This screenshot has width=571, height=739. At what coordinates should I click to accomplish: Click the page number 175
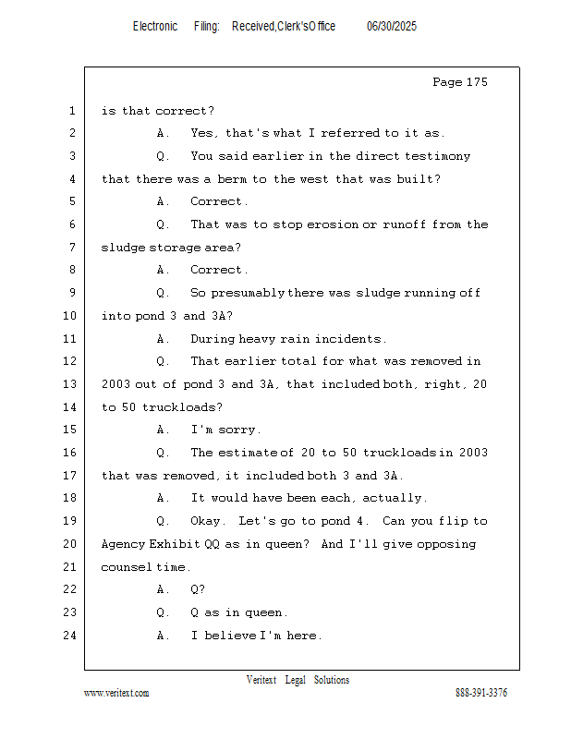pyautogui.click(x=477, y=82)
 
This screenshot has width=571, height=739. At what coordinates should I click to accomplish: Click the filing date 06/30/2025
pyautogui.click(x=392, y=27)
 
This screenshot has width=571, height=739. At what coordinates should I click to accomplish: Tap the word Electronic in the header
pyautogui.click(x=155, y=27)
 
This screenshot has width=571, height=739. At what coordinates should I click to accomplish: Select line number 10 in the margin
pyautogui.click(x=69, y=315)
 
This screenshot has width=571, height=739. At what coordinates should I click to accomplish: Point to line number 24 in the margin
pyautogui.click(x=69, y=636)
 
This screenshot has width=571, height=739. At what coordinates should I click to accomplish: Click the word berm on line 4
pyautogui.click(x=231, y=179)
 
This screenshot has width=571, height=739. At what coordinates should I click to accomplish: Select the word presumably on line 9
pyautogui.click(x=248, y=293)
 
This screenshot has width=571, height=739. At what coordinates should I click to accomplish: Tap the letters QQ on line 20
pyautogui.click(x=213, y=544)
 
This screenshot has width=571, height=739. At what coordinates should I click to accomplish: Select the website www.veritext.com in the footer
pyautogui.click(x=116, y=693)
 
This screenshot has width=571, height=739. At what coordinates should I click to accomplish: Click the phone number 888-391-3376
pyautogui.click(x=481, y=693)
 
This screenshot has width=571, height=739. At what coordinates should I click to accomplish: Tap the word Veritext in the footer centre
pyautogui.click(x=261, y=680)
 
